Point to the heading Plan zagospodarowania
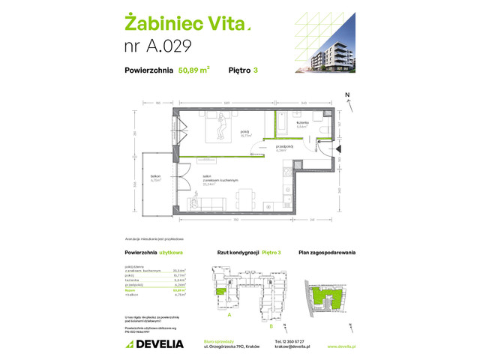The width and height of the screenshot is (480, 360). coord(327,253)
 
